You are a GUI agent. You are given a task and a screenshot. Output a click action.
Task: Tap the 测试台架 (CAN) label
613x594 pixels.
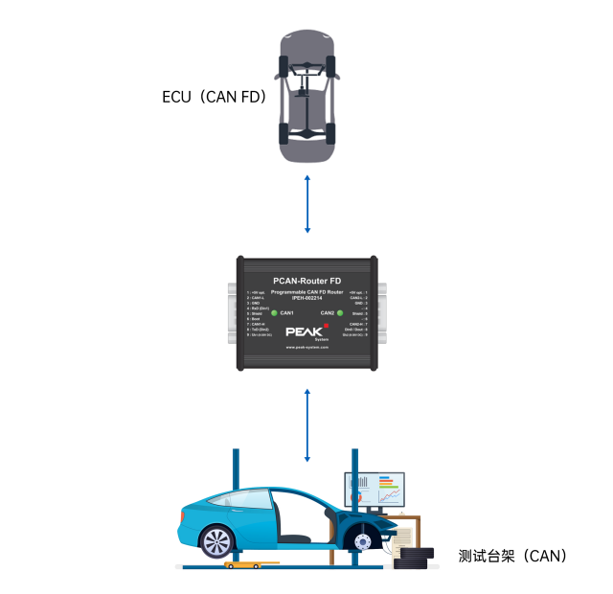point(512,556)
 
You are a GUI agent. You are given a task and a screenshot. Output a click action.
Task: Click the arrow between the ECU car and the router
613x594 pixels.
point(306,203)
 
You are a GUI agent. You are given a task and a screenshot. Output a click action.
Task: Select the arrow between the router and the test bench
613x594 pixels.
point(306,424)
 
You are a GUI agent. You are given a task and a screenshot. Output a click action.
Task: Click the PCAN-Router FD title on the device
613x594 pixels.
point(307,281)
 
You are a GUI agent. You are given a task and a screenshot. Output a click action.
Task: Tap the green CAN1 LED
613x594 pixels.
point(274,313)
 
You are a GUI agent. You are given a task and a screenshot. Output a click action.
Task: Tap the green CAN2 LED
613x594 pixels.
point(341,313)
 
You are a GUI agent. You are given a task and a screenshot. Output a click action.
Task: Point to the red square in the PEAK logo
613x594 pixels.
point(326,327)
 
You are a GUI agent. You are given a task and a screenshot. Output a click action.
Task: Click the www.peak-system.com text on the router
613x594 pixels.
point(307,348)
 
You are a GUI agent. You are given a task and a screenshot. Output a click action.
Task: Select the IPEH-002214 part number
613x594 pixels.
point(307,300)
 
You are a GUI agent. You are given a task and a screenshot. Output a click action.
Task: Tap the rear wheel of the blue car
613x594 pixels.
point(217,540)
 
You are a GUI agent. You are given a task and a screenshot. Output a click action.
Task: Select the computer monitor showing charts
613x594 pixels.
point(375,491)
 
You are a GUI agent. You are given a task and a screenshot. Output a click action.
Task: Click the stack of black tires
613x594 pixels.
point(413,558)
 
